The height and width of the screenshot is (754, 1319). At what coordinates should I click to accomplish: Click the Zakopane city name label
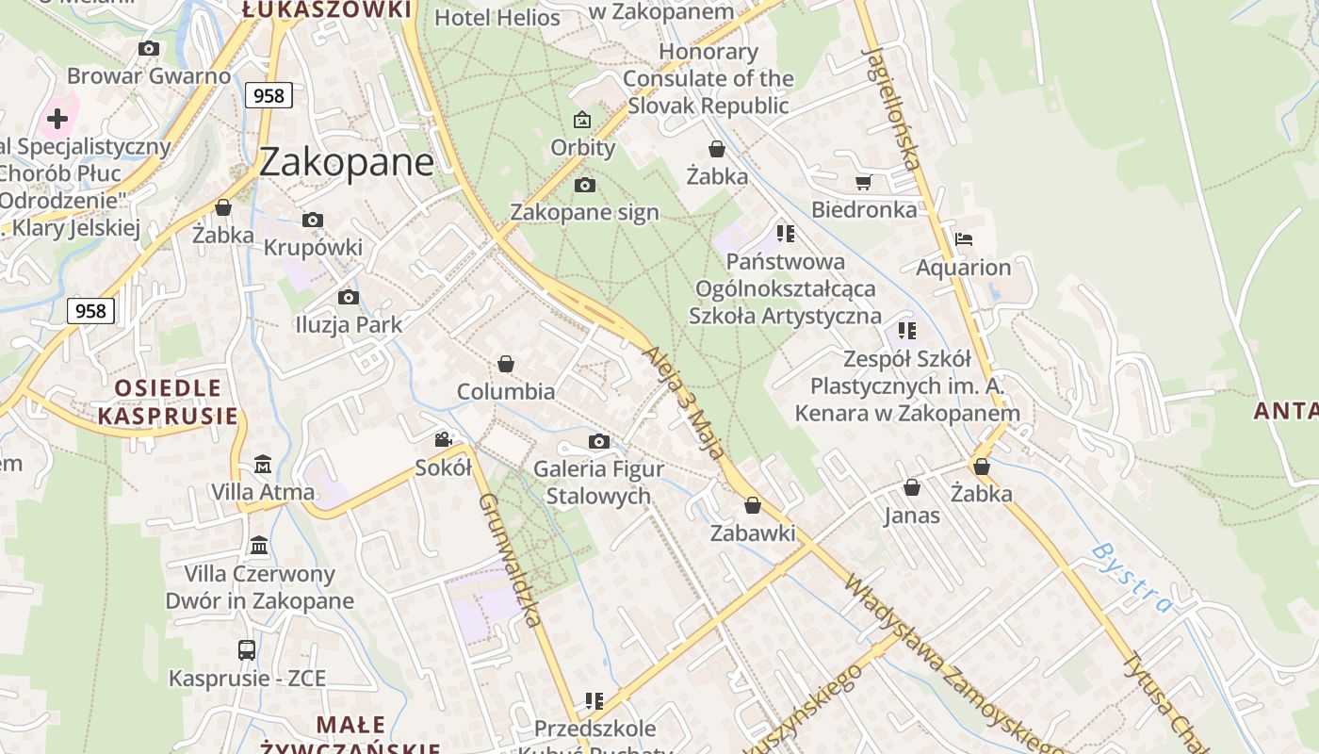point(346,162)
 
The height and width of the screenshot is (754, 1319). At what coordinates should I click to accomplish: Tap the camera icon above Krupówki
point(313,220)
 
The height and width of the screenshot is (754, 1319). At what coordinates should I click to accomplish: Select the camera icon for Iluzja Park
point(349,297)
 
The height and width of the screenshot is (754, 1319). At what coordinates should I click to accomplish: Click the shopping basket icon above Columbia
point(506,364)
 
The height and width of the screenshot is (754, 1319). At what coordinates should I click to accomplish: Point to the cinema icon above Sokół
point(443,439)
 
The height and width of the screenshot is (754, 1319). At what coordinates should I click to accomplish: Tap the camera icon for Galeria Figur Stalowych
point(598,441)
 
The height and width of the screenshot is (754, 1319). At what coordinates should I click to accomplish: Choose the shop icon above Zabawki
point(752,506)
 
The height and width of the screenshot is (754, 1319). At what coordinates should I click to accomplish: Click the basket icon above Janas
point(912,487)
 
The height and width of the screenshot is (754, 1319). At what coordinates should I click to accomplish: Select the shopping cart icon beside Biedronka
point(863,182)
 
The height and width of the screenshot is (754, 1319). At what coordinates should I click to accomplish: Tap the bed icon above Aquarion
point(963,239)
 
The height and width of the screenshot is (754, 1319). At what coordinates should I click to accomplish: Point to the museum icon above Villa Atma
point(263,465)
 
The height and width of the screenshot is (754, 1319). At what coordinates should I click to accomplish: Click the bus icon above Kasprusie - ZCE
point(246,649)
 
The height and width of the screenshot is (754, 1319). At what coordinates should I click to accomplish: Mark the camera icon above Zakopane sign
point(584,185)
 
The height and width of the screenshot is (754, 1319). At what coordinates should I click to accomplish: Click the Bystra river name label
point(1132,577)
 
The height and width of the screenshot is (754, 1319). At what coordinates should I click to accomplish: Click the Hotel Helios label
point(497,17)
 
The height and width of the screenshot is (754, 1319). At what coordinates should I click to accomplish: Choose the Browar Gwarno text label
point(149,76)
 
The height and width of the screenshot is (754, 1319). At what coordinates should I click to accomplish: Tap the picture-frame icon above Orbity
point(582,120)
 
